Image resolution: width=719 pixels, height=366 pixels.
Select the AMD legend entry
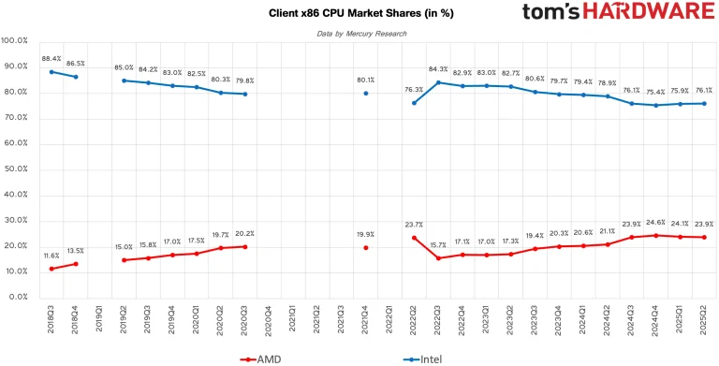click(266, 358)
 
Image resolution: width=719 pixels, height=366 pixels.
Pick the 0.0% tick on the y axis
click(19, 297)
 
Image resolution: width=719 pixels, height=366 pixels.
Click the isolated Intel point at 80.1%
click(365, 93)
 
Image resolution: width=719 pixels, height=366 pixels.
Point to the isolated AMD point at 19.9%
click(365, 247)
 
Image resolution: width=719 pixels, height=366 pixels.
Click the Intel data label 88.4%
click(51, 58)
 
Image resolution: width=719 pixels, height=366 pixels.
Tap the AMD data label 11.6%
click(51, 255)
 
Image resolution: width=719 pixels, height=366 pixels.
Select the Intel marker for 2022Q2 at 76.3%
click(414, 103)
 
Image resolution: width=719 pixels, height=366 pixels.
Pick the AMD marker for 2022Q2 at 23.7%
click(414, 238)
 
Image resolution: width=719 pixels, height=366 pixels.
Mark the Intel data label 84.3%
click(438, 69)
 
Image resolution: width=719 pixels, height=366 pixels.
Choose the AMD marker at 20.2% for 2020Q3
click(245, 246)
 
